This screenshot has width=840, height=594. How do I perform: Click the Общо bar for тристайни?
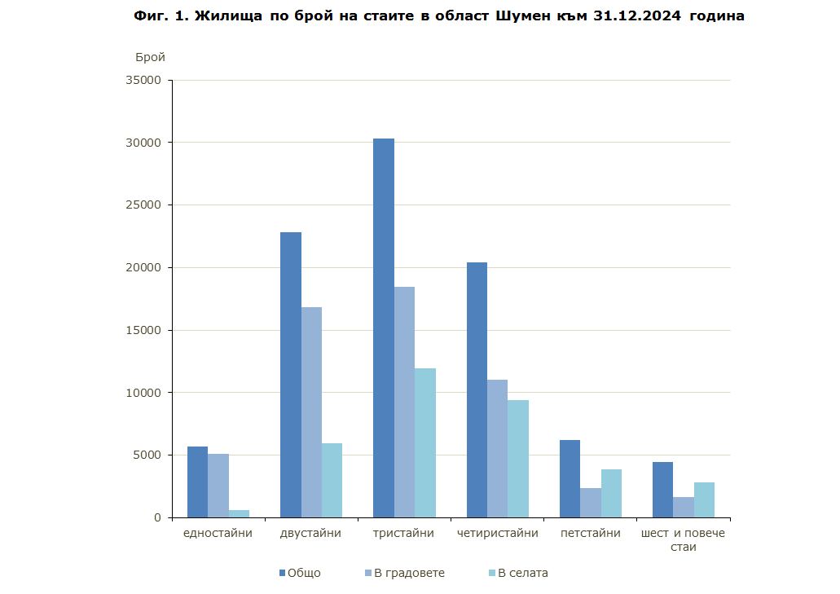[x=384, y=328]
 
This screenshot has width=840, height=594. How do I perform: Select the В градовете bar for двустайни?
[x=311, y=411]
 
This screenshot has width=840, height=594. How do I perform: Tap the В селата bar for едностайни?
[x=239, y=513]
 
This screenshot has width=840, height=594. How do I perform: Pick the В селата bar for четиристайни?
[x=518, y=458]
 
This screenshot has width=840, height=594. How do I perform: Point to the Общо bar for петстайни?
[x=570, y=478]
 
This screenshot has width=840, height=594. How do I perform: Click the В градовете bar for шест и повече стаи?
[x=684, y=507]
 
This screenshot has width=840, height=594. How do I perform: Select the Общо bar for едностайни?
[x=197, y=482]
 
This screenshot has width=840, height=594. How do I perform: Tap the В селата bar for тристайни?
[x=425, y=442]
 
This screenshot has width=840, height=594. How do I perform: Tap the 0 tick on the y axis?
[x=158, y=517]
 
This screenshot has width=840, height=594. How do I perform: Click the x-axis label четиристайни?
[x=498, y=534]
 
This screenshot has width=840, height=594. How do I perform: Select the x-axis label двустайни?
[x=310, y=534]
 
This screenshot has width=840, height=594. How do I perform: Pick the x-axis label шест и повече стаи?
[x=683, y=539]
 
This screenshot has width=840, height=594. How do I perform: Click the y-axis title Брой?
[x=150, y=57]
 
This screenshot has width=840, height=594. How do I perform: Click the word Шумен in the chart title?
[x=521, y=15]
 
